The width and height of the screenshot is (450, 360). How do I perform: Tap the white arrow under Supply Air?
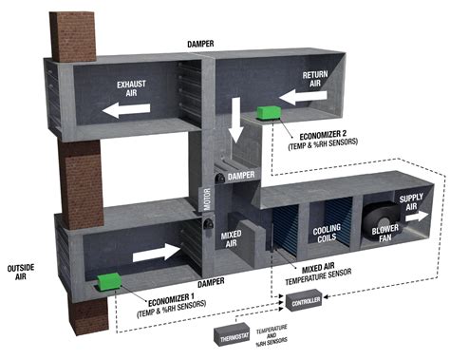(414, 217)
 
